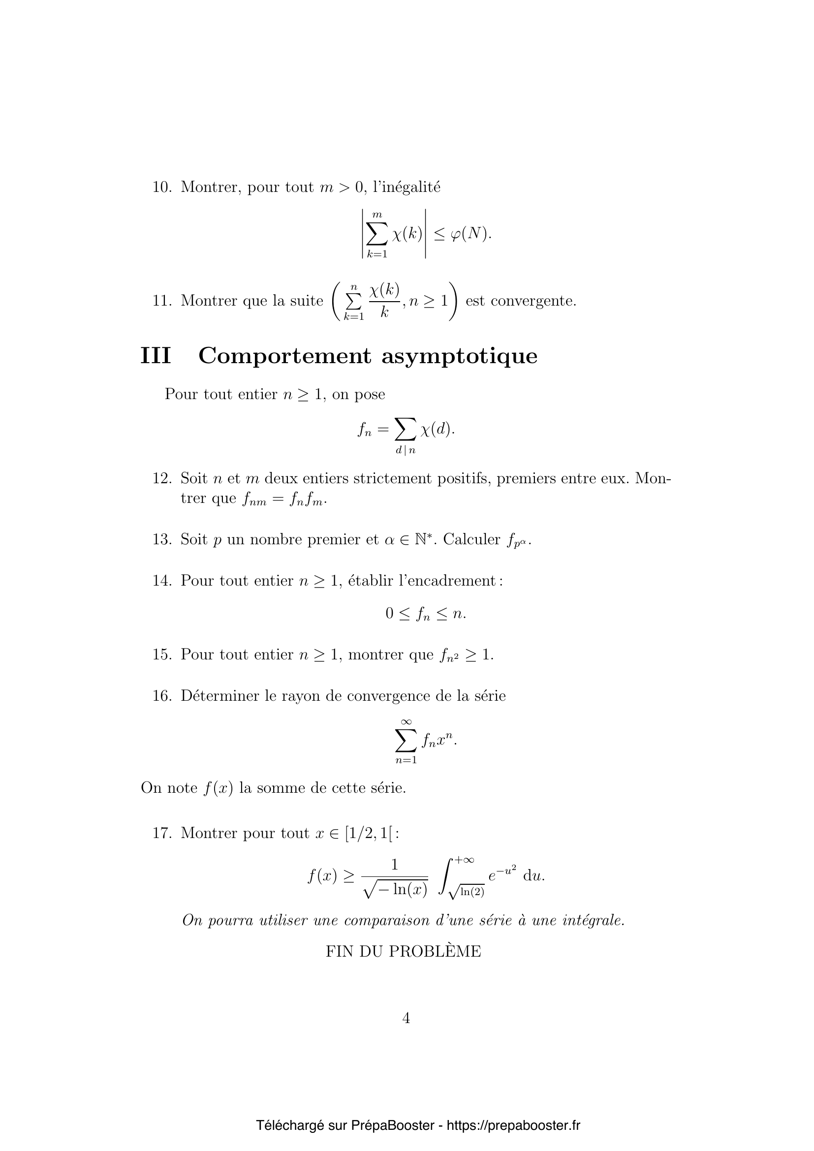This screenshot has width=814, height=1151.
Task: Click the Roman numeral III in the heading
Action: (156, 356)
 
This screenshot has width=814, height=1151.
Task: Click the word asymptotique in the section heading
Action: (459, 357)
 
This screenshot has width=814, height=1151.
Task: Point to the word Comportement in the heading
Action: (284, 356)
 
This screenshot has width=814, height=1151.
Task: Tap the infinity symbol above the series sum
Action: (406, 722)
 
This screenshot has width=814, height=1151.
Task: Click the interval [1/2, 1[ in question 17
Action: (369, 833)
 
